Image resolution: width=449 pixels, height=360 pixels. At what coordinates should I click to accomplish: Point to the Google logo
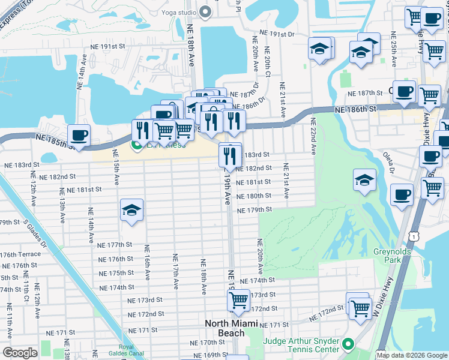20,352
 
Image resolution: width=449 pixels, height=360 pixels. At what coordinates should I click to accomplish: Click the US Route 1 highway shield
415,237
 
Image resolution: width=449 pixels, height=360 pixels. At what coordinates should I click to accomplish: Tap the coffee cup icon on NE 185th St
79,135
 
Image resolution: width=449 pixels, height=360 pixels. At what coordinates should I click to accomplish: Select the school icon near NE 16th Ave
131,210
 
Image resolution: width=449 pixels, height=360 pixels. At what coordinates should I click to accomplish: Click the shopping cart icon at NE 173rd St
238,299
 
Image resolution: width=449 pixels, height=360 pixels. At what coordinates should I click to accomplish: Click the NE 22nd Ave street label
313,136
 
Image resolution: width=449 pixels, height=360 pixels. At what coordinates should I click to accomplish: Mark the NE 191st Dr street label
278,34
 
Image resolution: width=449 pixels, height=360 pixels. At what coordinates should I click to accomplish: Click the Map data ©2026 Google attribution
411,355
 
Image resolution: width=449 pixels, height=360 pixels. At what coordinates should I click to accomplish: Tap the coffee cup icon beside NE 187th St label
404,91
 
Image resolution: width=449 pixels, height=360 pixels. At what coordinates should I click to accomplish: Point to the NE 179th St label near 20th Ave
255,210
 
